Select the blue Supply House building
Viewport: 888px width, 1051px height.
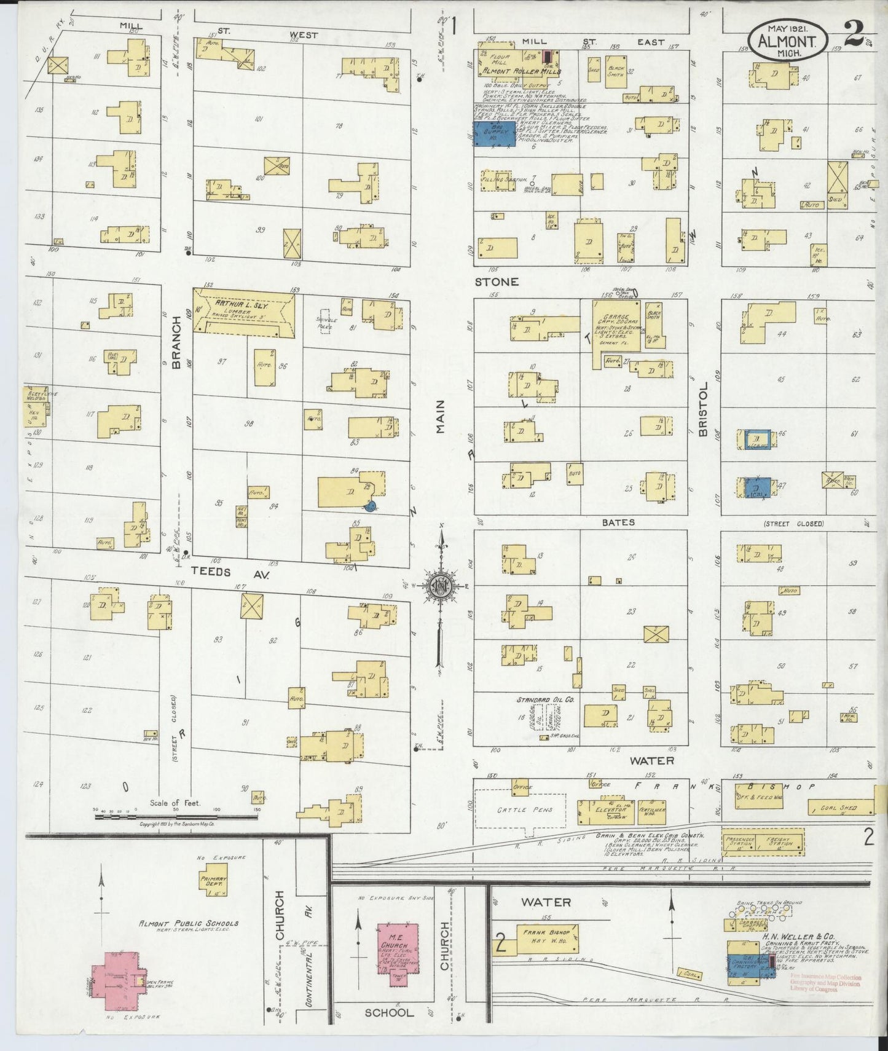click(x=494, y=133)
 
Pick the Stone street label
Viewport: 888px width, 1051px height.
click(x=497, y=282)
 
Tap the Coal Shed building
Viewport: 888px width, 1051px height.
click(x=841, y=808)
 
